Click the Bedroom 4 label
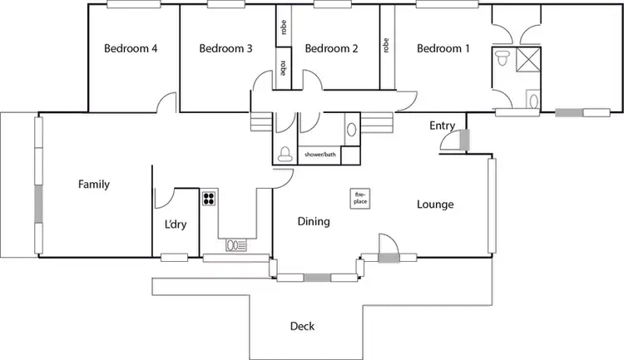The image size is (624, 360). click(131, 48)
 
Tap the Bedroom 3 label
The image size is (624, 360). click(225, 48)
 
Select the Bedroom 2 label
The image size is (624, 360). click(331, 48)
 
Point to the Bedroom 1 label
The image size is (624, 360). click(443, 48)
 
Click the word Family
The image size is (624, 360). click(94, 184)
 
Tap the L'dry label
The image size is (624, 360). click(175, 224)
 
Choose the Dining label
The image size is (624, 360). click(314, 221)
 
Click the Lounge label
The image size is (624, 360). click(435, 204)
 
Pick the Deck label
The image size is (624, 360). click(302, 327)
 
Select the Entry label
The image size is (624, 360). click(442, 126)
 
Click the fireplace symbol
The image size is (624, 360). click(359, 199)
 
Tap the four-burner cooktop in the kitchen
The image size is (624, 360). click(208, 199)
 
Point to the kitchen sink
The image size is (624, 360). click(235, 245)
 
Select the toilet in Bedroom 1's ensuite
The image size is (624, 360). click(503, 59)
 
